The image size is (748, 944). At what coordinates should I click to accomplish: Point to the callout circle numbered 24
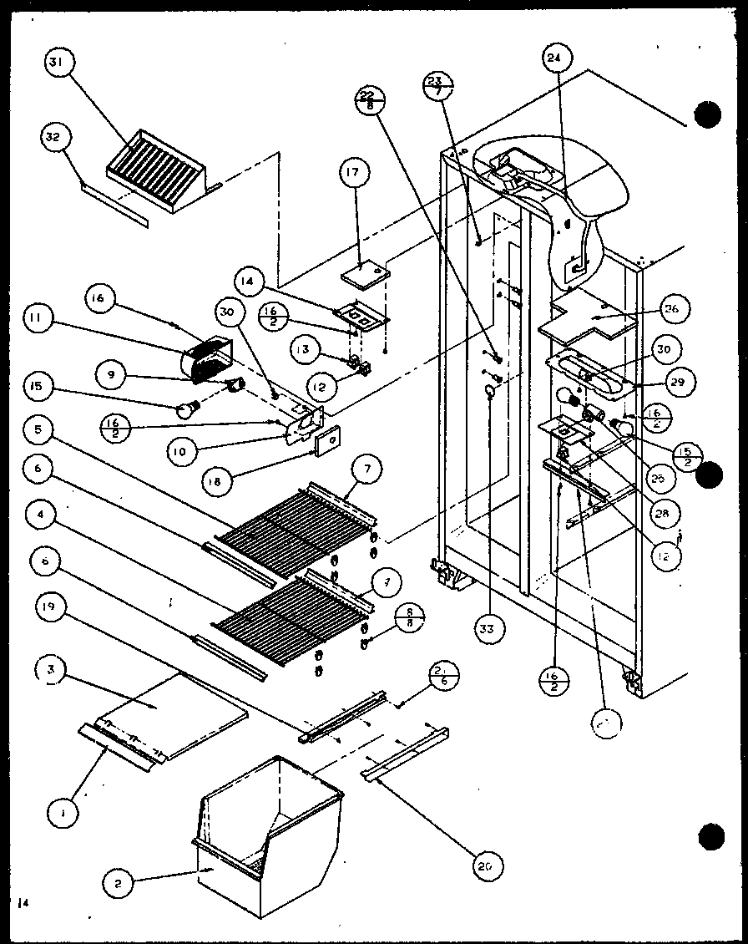click(x=553, y=58)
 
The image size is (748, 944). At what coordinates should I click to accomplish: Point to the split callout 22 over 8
click(x=370, y=99)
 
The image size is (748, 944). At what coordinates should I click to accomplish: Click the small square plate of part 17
click(x=366, y=272)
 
